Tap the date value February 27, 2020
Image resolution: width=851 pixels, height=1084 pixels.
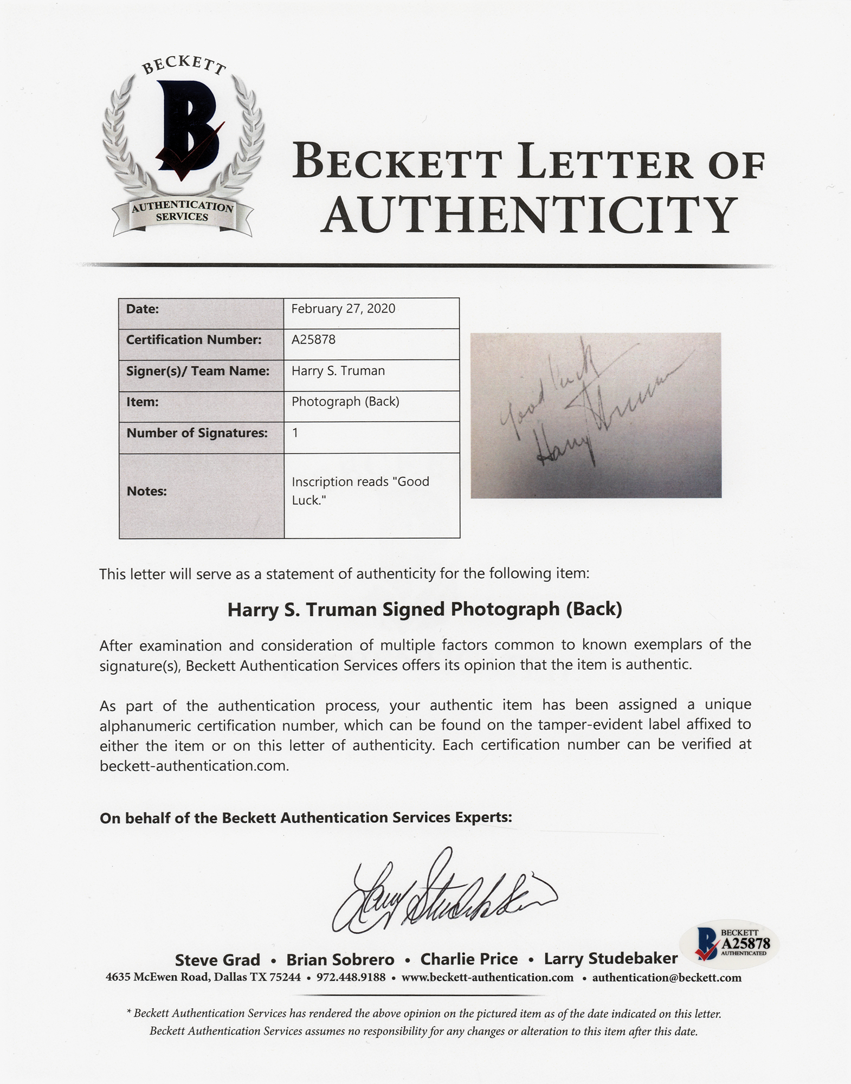pyautogui.click(x=343, y=309)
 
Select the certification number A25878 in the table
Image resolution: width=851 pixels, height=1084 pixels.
pyautogui.click(x=313, y=340)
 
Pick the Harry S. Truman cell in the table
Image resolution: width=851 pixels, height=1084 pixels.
pyautogui.click(x=338, y=371)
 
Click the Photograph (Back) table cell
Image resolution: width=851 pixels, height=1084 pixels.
pyautogui.click(x=345, y=402)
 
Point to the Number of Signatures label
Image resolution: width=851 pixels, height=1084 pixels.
pyautogui.click(x=197, y=433)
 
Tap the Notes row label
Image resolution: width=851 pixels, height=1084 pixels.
pyautogui.click(x=146, y=492)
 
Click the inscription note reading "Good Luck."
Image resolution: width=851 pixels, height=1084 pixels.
pyautogui.click(x=360, y=491)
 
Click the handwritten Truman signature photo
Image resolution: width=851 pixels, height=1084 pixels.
pyautogui.click(x=596, y=415)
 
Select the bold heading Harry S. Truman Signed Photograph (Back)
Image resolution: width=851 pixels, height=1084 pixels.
pyautogui.click(x=424, y=610)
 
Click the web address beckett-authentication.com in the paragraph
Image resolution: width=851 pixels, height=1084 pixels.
pyautogui.click(x=194, y=766)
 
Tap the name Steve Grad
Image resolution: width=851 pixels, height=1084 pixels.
pyautogui.click(x=217, y=960)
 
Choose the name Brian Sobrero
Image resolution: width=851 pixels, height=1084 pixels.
pyautogui.click(x=340, y=960)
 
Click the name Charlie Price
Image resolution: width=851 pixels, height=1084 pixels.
pyautogui.click(x=469, y=959)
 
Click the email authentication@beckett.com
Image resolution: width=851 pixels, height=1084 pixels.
pyautogui.click(x=667, y=978)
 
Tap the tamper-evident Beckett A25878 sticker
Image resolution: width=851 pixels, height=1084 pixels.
pyautogui.click(x=733, y=946)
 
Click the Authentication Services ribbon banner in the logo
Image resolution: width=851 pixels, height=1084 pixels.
pyautogui.click(x=183, y=212)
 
